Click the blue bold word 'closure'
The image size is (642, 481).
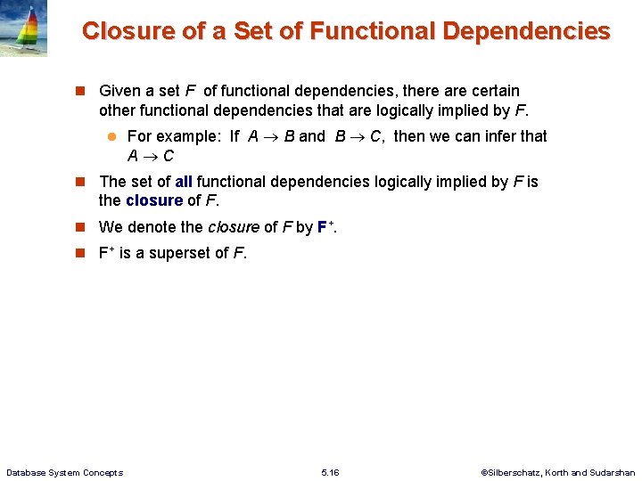tap(154, 200)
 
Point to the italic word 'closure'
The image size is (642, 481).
tap(234, 227)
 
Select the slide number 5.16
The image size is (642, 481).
tap(330, 472)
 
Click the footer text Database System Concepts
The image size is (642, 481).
tap(64, 472)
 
